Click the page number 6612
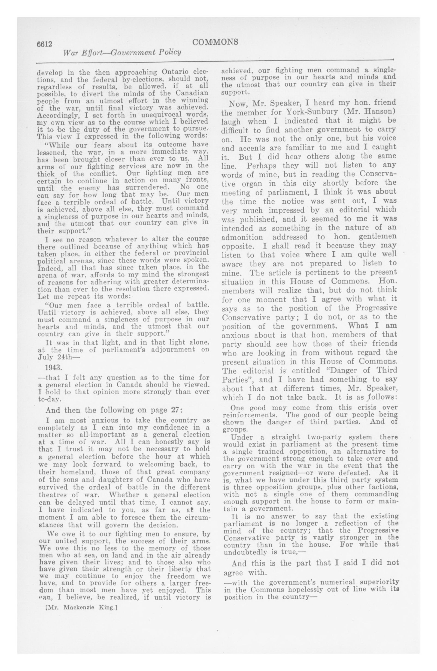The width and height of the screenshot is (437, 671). pos(45,44)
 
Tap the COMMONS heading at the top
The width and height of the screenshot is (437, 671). pos(215,42)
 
